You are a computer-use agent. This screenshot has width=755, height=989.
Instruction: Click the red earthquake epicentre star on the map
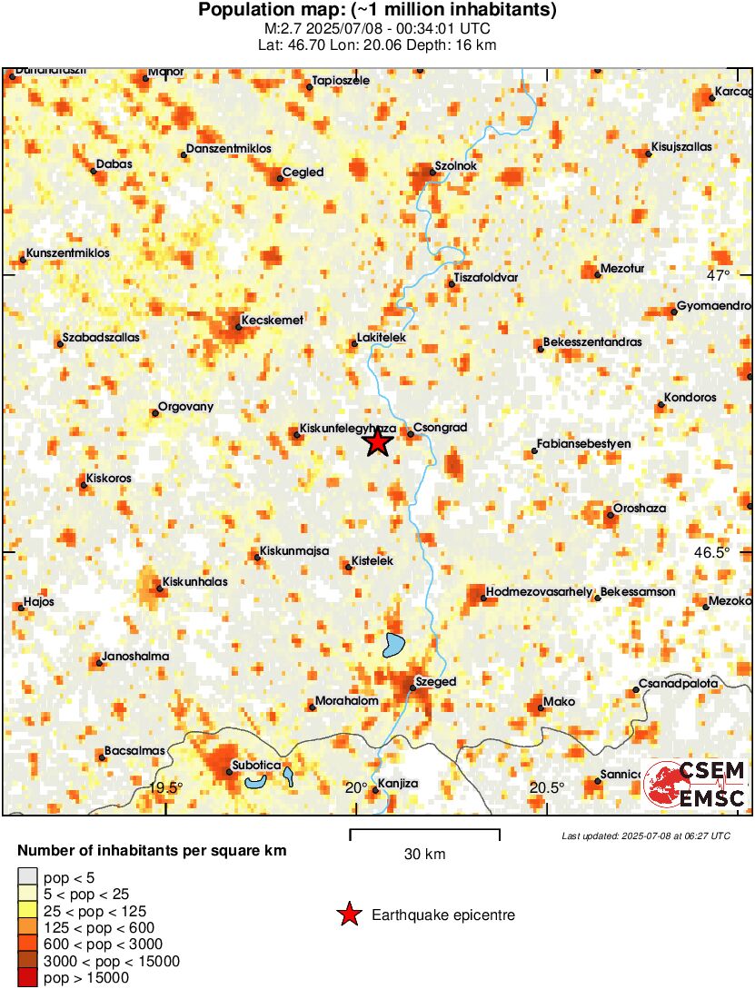click(378, 442)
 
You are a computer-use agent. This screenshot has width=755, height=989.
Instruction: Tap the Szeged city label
click(435, 681)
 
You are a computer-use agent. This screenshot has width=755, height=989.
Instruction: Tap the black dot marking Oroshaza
click(611, 516)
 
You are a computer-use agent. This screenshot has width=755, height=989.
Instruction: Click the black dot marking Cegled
click(280, 179)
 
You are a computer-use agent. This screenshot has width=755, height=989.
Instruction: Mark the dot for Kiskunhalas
click(160, 588)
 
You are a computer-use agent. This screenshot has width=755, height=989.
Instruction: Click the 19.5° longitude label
click(165, 787)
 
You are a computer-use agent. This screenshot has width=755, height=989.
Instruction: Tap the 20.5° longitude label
click(547, 787)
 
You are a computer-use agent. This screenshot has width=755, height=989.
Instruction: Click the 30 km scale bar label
click(424, 854)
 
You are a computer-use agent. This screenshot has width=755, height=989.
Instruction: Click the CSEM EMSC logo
click(696, 785)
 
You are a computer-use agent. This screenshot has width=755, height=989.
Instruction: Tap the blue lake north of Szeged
click(393, 645)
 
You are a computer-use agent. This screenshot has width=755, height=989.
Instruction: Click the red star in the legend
click(349, 915)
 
